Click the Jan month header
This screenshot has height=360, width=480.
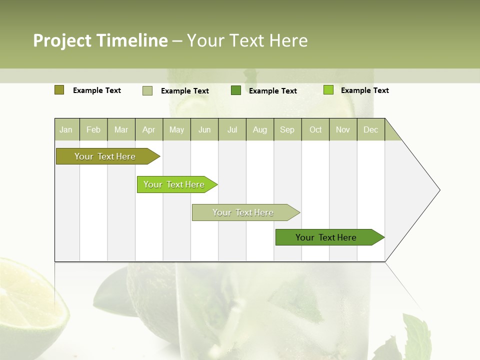coord(66,129)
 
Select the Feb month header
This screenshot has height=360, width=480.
coord(93,129)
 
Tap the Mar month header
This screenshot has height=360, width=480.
coord(121,129)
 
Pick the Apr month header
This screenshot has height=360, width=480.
coord(149,129)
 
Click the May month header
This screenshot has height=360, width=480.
coord(176,129)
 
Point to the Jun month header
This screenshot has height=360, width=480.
coord(204,129)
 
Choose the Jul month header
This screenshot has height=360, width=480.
coord(232,129)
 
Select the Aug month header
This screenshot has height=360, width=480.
coord(260,129)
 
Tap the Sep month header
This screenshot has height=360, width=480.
coord(287,129)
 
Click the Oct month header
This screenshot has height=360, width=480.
coord(315,129)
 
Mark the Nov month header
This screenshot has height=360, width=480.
coord(343,129)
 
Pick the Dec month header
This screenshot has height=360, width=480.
coord(371,129)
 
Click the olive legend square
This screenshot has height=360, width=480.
coord(59,90)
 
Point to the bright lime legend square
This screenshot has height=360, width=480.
coord(328,90)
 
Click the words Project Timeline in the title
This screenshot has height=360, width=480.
coord(100,40)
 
